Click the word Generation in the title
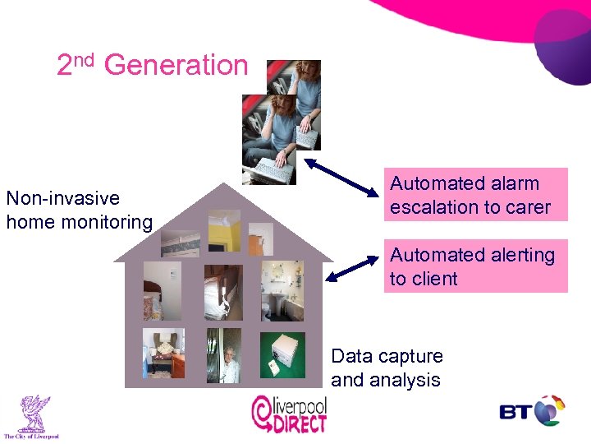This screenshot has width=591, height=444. [176, 65]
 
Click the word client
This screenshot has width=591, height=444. [435, 279]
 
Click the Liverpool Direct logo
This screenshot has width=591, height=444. [289, 414]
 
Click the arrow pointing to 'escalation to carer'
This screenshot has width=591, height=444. [338, 176]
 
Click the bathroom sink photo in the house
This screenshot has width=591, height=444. [282, 291]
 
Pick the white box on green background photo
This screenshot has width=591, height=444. [282, 355]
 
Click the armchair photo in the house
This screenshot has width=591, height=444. [163, 354]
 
